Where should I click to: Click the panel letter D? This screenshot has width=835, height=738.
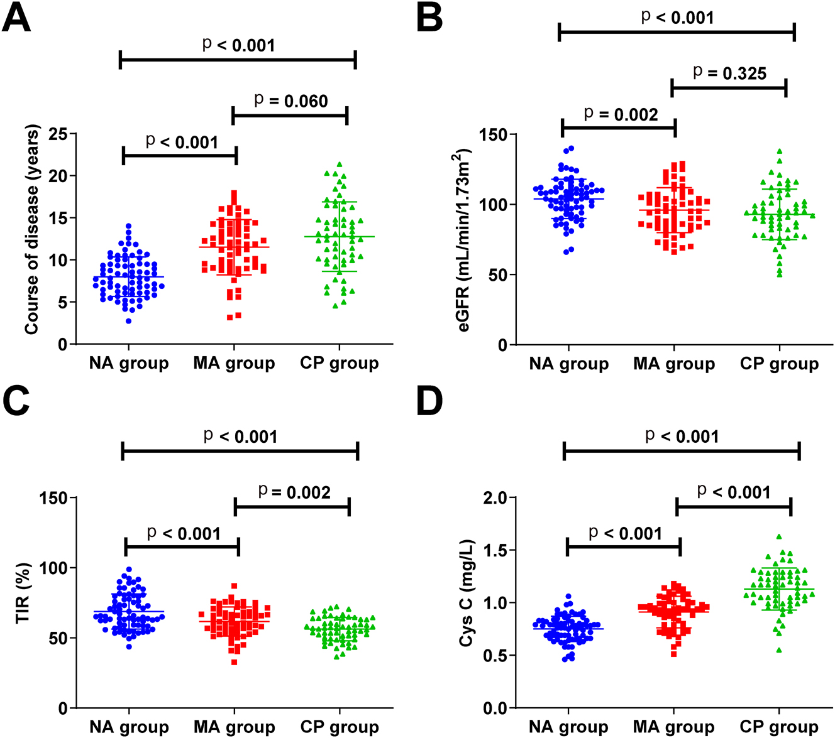431,403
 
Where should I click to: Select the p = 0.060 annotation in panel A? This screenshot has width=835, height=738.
290,100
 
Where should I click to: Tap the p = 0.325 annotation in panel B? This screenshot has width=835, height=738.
729,73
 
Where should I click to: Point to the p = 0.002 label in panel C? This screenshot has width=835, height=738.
294,492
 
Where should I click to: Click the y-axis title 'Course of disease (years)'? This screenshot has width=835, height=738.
32,229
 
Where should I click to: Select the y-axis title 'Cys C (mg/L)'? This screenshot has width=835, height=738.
466,593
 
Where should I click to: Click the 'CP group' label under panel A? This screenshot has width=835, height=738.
340,363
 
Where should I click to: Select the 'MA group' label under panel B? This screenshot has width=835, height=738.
674,364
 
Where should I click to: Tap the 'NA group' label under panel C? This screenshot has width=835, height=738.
129,727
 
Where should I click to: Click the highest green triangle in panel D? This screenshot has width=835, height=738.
779,537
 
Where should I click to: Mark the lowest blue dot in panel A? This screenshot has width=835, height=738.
129,321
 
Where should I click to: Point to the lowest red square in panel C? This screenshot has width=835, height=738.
235,662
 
